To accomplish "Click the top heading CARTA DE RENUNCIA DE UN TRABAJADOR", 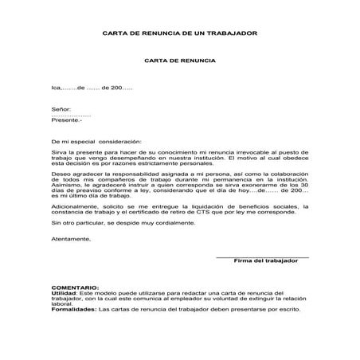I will click(180, 33).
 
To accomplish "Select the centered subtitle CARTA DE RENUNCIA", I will click(179, 60).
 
